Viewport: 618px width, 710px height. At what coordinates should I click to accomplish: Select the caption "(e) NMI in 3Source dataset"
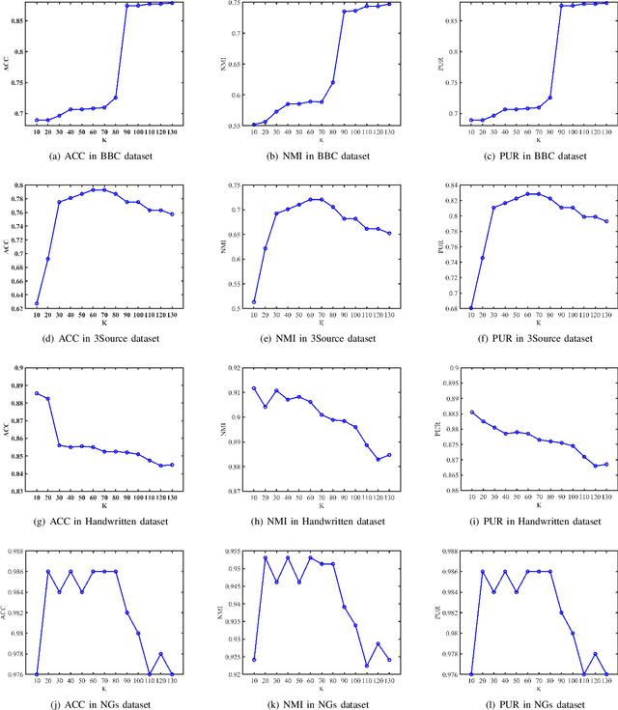tap(309, 340)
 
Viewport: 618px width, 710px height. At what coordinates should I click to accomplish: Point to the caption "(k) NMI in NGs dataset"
tap(309, 704)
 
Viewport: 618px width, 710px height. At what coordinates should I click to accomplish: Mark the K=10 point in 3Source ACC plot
tap(38, 303)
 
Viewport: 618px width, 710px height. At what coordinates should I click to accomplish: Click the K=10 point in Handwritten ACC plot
tap(38, 393)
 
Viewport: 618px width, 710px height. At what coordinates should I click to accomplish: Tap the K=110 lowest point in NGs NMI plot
tap(366, 666)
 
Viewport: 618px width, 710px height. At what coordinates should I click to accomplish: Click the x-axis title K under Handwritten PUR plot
tap(515, 506)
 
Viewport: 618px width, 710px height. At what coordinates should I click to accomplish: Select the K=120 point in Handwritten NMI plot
tap(379, 459)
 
